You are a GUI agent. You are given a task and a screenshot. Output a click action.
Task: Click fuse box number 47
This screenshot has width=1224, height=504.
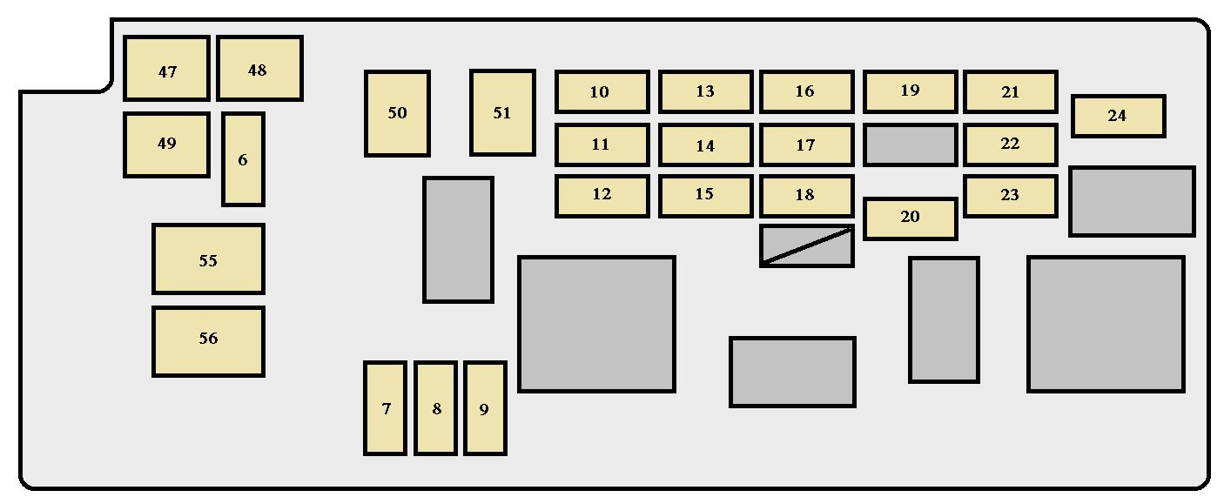[x=166, y=68]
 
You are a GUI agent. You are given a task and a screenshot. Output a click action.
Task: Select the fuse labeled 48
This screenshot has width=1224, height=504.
[x=259, y=68]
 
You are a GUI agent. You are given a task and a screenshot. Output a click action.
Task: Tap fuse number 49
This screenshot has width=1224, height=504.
[x=166, y=144]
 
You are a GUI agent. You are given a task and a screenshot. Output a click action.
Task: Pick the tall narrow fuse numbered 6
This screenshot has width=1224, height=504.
[x=243, y=159]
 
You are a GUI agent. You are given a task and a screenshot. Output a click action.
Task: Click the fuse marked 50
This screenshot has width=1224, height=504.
[x=397, y=113]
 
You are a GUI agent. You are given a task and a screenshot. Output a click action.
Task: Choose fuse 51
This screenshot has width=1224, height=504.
[x=502, y=112]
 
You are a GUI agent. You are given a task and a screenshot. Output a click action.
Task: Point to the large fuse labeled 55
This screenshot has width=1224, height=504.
[x=209, y=259]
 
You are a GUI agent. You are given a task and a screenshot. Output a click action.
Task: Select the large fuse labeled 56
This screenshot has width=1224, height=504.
[x=209, y=341]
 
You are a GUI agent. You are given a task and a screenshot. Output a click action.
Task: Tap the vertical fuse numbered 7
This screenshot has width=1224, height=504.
[x=386, y=407]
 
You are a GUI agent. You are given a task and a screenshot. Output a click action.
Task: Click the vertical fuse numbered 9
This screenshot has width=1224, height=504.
[x=485, y=407]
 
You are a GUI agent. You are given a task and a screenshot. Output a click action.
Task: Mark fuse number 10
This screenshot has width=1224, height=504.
[x=602, y=91]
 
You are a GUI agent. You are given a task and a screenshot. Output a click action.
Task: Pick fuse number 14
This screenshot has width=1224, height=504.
[x=705, y=144]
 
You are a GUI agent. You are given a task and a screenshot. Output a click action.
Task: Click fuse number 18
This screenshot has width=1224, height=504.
[x=806, y=196]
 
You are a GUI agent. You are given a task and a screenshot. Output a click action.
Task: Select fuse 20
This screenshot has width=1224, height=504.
[x=911, y=218]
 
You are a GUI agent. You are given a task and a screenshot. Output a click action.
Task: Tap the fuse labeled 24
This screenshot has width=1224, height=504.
[x=1119, y=116]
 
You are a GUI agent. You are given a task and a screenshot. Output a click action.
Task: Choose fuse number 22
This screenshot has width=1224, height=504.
[x=1011, y=144]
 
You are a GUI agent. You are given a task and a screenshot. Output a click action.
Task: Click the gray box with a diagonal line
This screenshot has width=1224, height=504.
[x=806, y=245]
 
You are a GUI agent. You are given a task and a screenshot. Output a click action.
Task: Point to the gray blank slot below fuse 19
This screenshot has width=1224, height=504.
[x=911, y=144]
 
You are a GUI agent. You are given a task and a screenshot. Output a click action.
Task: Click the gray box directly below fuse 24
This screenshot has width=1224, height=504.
[x=1133, y=202]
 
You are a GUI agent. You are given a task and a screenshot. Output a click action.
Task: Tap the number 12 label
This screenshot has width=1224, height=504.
[x=602, y=194]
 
